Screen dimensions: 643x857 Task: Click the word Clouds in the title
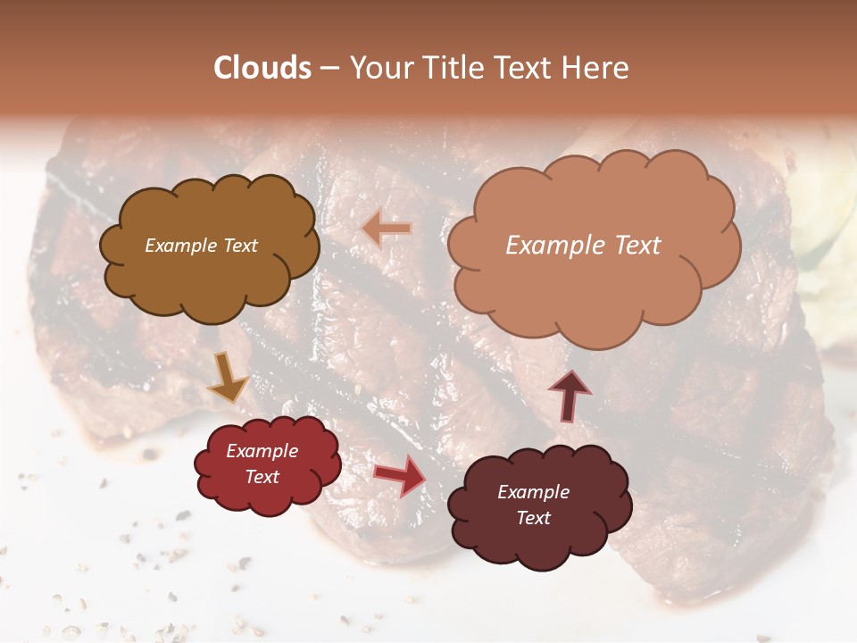pyautogui.click(x=263, y=68)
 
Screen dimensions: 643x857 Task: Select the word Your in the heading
pyautogui.click(x=380, y=68)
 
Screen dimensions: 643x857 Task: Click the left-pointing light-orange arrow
pyautogui.click(x=387, y=230)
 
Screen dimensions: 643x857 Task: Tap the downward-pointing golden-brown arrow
pyautogui.click(x=229, y=377)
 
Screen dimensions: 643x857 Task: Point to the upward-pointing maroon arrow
pyautogui.click(x=569, y=394)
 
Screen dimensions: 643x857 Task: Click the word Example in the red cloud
pyautogui.click(x=262, y=451)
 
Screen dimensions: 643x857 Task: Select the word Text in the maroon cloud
pyautogui.click(x=533, y=518)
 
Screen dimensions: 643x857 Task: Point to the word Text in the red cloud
pyautogui.click(x=262, y=477)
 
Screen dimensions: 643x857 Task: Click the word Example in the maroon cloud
pyautogui.click(x=533, y=492)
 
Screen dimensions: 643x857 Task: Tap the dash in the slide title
pyautogui.click(x=329, y=69)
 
